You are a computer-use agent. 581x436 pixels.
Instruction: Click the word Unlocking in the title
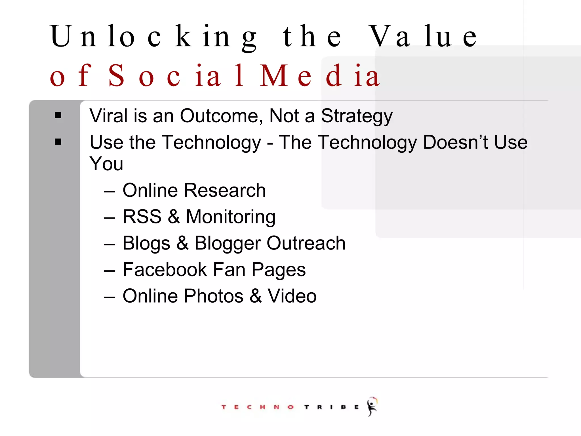[153, 37]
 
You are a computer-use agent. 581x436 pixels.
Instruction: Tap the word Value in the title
[423, 37]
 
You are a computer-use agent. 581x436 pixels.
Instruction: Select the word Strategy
[357, 116]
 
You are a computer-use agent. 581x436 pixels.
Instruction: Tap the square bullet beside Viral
[58, 115]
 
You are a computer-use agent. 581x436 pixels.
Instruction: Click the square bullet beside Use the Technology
[58, 142]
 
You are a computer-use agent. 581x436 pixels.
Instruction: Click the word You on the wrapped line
[106, 164]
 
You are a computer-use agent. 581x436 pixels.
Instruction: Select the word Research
[225, 190]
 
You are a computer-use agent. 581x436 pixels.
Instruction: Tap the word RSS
[142, 217]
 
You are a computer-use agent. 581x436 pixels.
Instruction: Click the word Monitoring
[231, 217]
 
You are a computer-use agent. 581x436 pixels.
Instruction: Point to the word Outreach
[306, 243]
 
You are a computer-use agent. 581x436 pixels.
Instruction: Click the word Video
[292, 296]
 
